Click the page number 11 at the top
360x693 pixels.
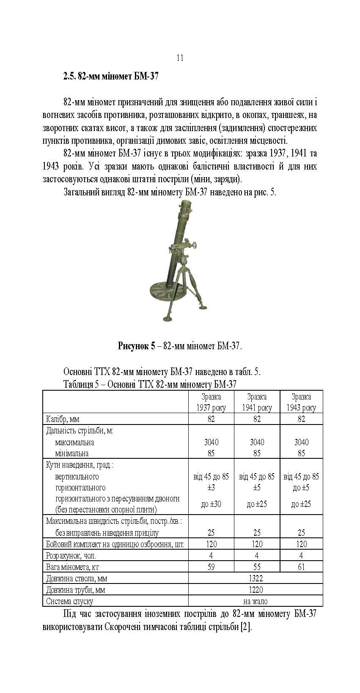pyautogui.click(x=180, y=58)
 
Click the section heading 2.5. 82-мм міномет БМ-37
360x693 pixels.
pyautogui.click(x=111, y=77)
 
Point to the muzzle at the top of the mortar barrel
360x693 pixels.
pyautogui.click(x=184, y=205)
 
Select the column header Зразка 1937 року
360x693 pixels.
pyautogui.click(x=211, y=402)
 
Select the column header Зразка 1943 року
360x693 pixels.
pyautogui.click(x=301, y=402)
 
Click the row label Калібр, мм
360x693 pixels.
pyautogui.click(x=63, y=419)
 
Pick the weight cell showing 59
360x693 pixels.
pyautogui.click(x=211, y=567)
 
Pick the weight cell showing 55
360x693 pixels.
pyautogui.click(x=257, y=567)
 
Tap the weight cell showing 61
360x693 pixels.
pyautogui.click(x=301, y=567)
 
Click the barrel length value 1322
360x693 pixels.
pyautogui.click(x=256, y=578)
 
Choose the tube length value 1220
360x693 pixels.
pyautogui.click(x=256, y=590)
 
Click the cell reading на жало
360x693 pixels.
pyautogui.click(x=256, y=601)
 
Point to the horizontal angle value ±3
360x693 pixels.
pyautogui.click(x=211, y=488)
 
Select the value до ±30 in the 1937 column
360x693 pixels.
pyautogui.click(x=211, y=504)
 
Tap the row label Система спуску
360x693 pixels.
pyautogui.click(x=69, y=601)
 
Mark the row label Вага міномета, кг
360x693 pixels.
pyautogui.click(x=72, y=567)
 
